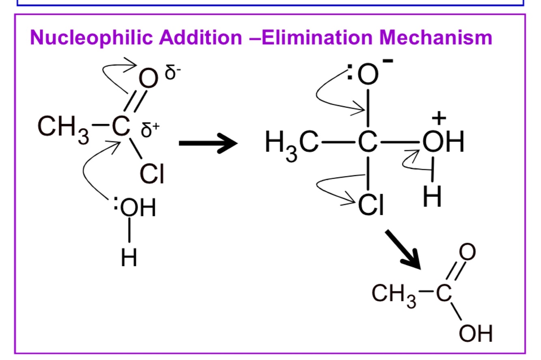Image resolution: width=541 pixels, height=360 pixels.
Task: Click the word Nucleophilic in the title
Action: (92, 38)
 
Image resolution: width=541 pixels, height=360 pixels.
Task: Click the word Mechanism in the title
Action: (436, 37)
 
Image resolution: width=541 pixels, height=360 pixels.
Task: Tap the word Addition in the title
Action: (200, 37)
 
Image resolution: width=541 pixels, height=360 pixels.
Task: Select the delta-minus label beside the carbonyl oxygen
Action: (172, 72)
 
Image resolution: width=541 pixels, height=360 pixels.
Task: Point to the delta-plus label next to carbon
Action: (150, 129)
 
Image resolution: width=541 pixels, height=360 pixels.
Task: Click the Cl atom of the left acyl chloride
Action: (152, 174)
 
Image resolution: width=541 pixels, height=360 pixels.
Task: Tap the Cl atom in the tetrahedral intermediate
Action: (371, 205)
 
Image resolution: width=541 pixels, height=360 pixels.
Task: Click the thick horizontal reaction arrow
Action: (208, 143)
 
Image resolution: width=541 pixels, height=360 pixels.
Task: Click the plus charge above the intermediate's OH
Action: (439, 118)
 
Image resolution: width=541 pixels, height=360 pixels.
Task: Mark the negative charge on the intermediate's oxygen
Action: (388, 61)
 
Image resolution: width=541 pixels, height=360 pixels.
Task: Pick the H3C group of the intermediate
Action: (292, 144)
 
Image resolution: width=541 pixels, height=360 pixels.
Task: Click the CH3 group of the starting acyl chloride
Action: (63, 129)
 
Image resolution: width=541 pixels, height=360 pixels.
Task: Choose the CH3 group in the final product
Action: (394, 296)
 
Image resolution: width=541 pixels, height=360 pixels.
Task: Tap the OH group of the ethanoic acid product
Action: (476, 333)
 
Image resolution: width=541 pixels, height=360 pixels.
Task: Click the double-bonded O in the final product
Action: (467, 252)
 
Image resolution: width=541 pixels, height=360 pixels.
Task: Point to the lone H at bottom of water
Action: (129, 257)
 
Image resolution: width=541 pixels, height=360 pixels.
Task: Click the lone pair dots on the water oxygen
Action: (116, 203)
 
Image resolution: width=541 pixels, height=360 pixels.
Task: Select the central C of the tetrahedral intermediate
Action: (367, 142)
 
